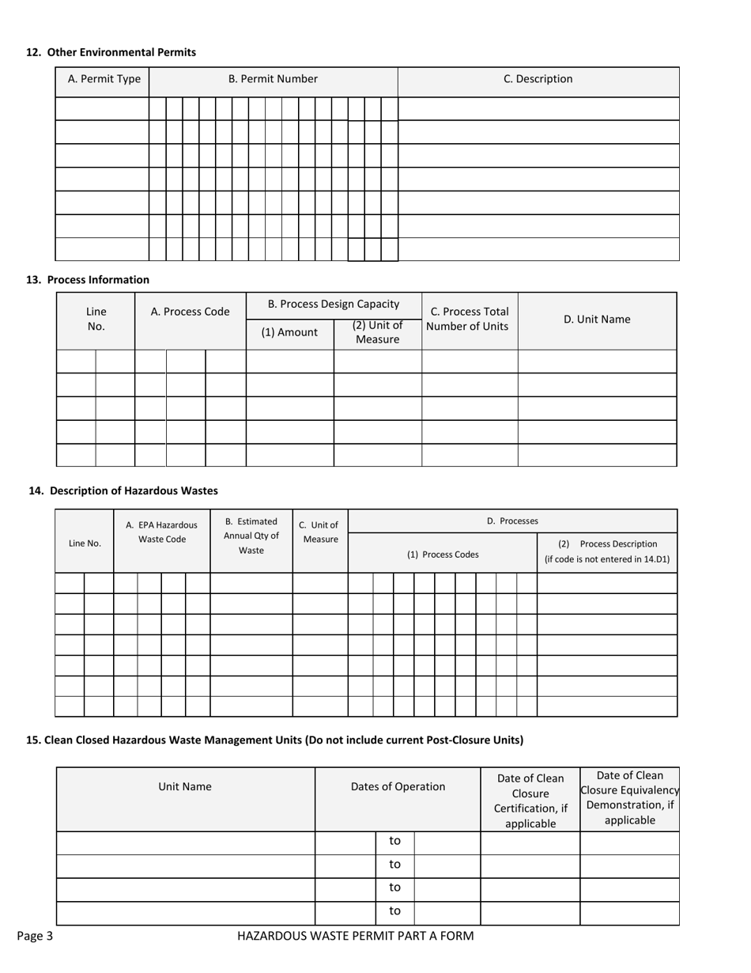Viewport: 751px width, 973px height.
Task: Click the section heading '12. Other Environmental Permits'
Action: coord(111,52)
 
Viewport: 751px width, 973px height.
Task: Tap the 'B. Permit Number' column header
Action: coord(273,79)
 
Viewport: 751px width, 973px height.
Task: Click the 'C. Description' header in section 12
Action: coord(538,79)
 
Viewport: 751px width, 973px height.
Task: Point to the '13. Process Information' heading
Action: coord(87,279)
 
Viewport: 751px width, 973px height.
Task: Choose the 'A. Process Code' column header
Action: coord(190,312)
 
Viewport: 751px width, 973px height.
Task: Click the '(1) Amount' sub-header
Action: coord(289,332)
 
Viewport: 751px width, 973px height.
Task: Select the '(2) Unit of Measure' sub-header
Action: coord(377,332)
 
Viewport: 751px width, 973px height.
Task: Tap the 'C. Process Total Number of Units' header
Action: coord(470,319)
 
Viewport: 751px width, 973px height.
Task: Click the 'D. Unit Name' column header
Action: coord(597,320)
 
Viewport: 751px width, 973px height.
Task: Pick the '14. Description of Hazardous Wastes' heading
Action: coord(123,490)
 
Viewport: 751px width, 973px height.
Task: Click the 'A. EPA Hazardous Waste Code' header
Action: coord(162,532)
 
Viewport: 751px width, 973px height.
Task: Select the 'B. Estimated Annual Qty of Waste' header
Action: coord(251,536)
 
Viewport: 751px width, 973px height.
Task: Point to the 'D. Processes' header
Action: coord(512,521)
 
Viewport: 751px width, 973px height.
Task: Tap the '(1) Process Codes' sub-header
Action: coord(443,555)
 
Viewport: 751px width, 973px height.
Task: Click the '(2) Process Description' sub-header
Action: coord(607,551)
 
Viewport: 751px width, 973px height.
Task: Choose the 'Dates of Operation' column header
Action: coord(398,786)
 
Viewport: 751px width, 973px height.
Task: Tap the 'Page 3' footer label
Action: coord(35,937)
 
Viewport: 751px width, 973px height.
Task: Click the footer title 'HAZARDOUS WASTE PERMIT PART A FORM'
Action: coord(356,937)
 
